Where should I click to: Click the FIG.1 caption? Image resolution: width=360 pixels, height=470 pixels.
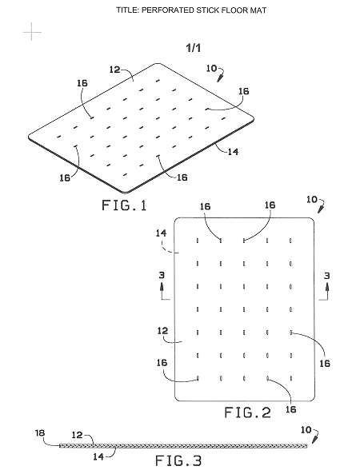tap(124, 206)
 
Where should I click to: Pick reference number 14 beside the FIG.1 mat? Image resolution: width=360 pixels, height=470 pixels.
tap(233, 151)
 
